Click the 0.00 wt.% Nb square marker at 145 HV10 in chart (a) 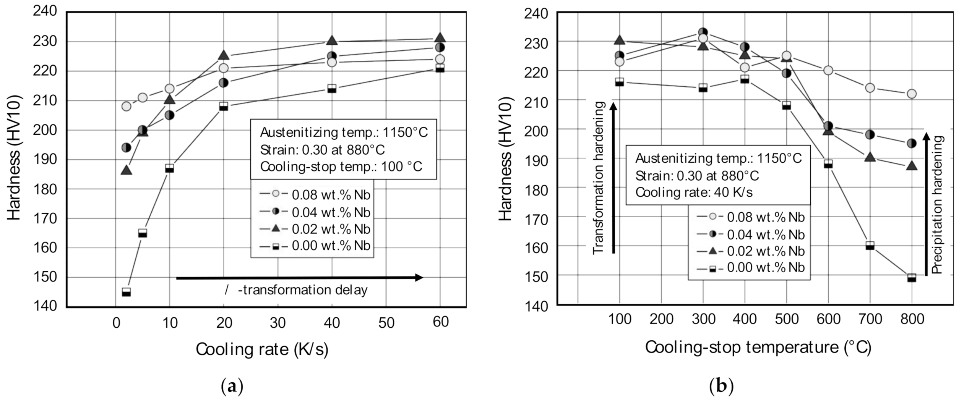pyautogui.click(x=127, y=292)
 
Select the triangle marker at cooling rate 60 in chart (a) pyautogui.click(x=440, y=37)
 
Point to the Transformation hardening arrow pyautogui.click(x=613, y=179)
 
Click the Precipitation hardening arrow pyautogui.click(x=926, y=205)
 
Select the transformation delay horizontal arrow pyautogui.click(x=300, y=278)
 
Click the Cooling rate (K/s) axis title pyautogui.click(x=262, y=349)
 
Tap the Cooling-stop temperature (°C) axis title pyautogui.click(x=758, y=348)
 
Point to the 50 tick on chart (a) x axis pyautogui.click(x=386, y=323)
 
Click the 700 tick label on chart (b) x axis pyautogui.click(x=870, y=319)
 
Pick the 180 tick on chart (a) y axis pyautogui.click(x=47, y=189)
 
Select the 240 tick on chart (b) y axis pyautogui.click(x=537, y=13)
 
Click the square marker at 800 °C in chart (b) pyautogui.click(x=912, y=278)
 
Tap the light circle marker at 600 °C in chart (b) pyautogui.click(x=828, y=70)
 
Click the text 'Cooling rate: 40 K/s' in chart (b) pyautogui.click(x=694, y=192)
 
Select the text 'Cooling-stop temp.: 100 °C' pyautogui.click(x=341, y=167)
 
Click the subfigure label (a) pyautogui.click(x=232, y=387)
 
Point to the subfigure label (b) pyautogui.click(x=721, y=387)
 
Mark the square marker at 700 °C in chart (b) pyautogui.click(x=870, y=246)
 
